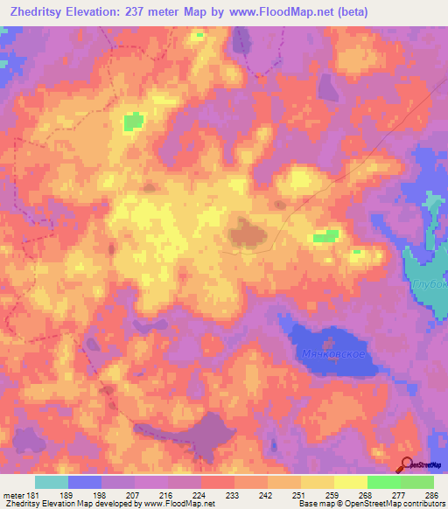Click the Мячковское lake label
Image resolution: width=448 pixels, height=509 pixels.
337,353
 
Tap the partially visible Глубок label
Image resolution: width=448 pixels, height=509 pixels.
431,284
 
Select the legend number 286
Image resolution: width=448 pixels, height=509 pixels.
431,495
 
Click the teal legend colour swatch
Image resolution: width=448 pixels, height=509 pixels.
52,482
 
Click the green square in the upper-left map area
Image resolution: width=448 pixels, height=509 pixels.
133,122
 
